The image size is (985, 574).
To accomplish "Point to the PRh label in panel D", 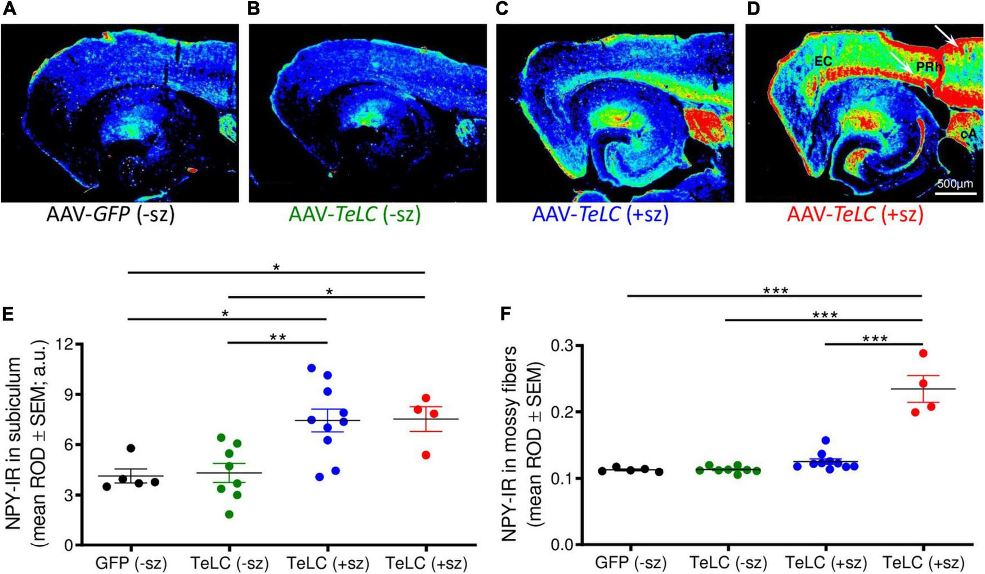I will coord(929,67).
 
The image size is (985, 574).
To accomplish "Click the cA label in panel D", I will coord(968,134).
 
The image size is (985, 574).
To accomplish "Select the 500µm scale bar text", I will coord(955,184).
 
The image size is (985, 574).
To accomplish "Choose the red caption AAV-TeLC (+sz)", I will coord(856,215).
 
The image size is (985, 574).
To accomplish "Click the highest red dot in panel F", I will coord(923,353).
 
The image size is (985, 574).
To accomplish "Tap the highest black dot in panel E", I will coord(131,448).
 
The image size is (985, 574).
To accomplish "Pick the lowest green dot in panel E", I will coord(229,514).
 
